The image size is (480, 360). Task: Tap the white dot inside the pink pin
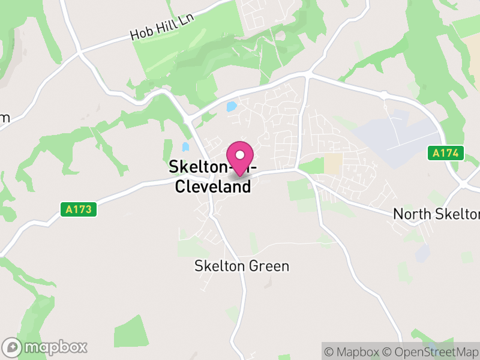[240, 155]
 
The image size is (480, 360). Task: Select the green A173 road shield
[79, 210]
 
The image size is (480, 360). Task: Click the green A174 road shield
[447, 154]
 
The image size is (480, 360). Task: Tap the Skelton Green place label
[242, 266]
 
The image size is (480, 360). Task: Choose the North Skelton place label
[436, 214]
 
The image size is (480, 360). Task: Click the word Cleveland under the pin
[212, 187]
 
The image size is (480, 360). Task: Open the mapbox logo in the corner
[46, 347]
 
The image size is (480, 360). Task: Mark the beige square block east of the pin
[333, 164]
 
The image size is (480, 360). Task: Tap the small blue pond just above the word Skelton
[185, 146]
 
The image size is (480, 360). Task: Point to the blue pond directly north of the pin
[231, 107]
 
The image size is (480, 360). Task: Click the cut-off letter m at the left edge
[4, 118]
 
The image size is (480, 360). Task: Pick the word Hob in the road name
[140, 34]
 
